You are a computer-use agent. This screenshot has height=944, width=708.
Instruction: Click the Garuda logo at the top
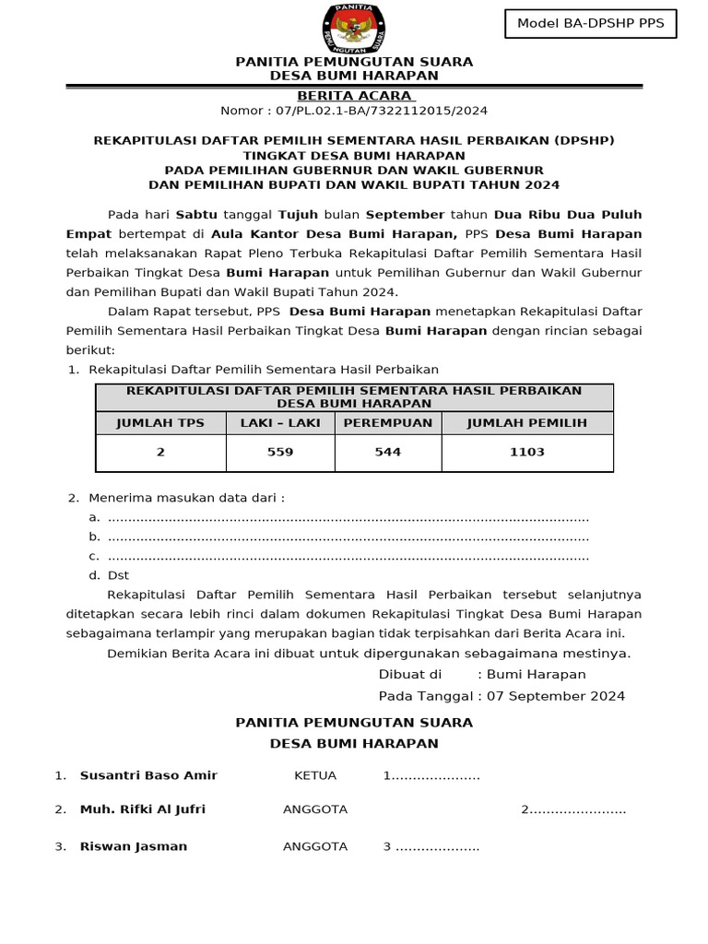(x=354, y=28)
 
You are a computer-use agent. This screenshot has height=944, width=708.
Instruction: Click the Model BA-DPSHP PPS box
(x=590, y=24)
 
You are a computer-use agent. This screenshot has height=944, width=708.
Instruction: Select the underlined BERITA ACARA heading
(x=355, y=96)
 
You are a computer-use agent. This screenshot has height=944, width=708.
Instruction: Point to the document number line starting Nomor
(x=354, y=111)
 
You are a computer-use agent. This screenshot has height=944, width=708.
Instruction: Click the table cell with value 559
(x=280, y=452)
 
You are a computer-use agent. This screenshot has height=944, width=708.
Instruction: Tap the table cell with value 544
(x=388, y=452)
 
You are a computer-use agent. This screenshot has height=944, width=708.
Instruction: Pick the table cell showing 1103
(x=527, y=452)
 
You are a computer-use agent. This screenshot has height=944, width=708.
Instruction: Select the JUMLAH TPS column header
(x=160, y=423)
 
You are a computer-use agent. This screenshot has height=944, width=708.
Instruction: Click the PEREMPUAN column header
(x=388, y=423)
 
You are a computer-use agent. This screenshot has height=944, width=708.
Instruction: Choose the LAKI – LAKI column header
(x=280, y=423)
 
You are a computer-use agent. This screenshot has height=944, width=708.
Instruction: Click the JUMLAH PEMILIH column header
(x=527, y=423)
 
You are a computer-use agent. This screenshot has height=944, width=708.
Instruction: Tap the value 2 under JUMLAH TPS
(x=160, y=452)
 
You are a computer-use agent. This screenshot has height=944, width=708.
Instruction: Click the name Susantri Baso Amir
(x=148, y=775)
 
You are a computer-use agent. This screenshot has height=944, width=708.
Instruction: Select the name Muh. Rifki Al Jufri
(x=143, y=809)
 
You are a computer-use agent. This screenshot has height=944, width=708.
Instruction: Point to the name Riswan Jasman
(x=134, y=846)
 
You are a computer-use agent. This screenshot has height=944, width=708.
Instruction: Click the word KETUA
(x=315, y=775)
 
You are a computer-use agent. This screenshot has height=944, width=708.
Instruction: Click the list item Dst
(x=118, y=575)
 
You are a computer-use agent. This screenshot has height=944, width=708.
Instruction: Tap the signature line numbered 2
(x=573, y=809)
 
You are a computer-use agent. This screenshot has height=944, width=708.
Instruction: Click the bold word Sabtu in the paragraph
(x=196, y=214)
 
